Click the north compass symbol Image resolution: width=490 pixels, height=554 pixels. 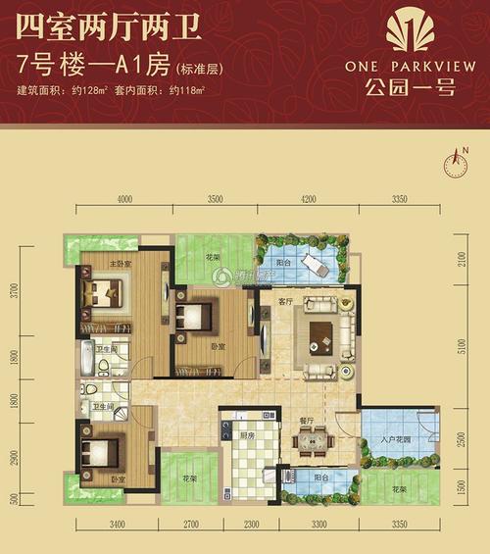coord(456,161)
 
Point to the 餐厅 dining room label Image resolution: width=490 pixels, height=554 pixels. coord(306,419)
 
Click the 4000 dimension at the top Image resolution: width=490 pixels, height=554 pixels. coord(125,200)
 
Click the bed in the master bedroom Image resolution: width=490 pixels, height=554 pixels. coord(105,291)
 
